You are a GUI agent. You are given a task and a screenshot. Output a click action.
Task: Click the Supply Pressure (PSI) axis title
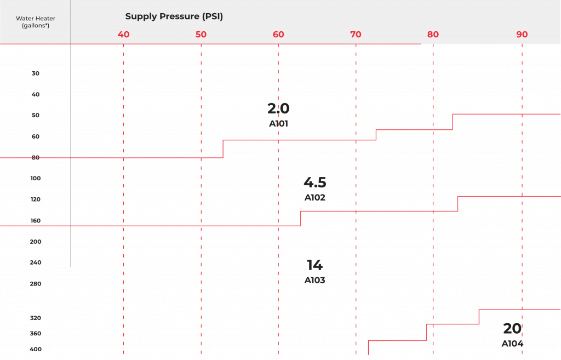click(x=174, y=16)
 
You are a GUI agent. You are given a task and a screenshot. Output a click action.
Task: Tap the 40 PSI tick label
click(x=124, y=35)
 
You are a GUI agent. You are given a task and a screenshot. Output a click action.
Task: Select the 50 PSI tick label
click(x=201, y=35)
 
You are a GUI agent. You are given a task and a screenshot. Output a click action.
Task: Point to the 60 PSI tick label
click(x=278, y=35)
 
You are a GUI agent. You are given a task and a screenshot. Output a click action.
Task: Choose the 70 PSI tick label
click(x=356, y=35)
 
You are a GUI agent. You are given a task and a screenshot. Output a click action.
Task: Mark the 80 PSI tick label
click(x=433, y=35)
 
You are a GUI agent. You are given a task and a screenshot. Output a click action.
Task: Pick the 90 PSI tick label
click(x=522, y=35)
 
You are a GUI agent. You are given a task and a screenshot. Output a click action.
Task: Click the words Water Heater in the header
click(x=36, y=19)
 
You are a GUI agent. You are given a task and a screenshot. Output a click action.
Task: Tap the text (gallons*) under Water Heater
click(x=36, y=26)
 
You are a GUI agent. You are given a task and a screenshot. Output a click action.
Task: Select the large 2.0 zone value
click(x=278, y=108)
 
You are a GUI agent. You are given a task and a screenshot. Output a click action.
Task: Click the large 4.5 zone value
click(x=315, y=182)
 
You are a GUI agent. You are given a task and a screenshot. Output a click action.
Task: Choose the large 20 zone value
click(x=512, y=329)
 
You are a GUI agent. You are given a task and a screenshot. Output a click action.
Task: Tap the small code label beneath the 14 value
click(x=314, y=281)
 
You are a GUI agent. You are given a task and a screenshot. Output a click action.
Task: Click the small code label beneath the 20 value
click(x=512, y=344)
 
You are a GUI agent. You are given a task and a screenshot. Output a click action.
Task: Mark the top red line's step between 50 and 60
click(x=223, y=149)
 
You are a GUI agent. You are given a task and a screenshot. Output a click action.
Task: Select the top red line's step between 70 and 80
click(x=376, y=135)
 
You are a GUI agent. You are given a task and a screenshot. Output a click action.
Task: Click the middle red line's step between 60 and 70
click(x=300, y=218)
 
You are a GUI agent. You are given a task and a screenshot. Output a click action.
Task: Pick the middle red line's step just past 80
click(x=457, y=204)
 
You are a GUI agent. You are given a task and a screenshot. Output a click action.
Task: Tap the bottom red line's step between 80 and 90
click(x=479, y=317)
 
